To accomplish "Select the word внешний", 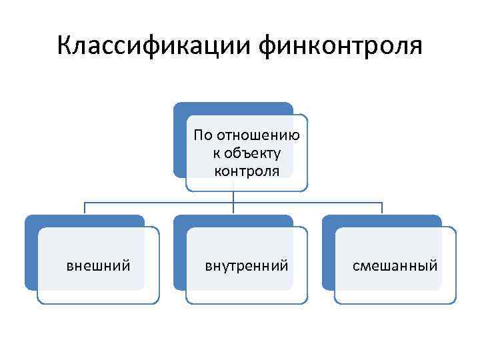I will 98,266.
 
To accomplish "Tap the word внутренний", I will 247,266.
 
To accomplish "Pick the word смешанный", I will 395,266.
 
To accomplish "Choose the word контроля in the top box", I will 247,171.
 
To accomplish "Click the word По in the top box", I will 202,135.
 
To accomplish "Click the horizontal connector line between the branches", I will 160,201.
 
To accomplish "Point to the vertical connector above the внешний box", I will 85,208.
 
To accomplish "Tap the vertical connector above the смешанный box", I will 382,208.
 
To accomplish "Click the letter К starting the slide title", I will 65,46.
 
